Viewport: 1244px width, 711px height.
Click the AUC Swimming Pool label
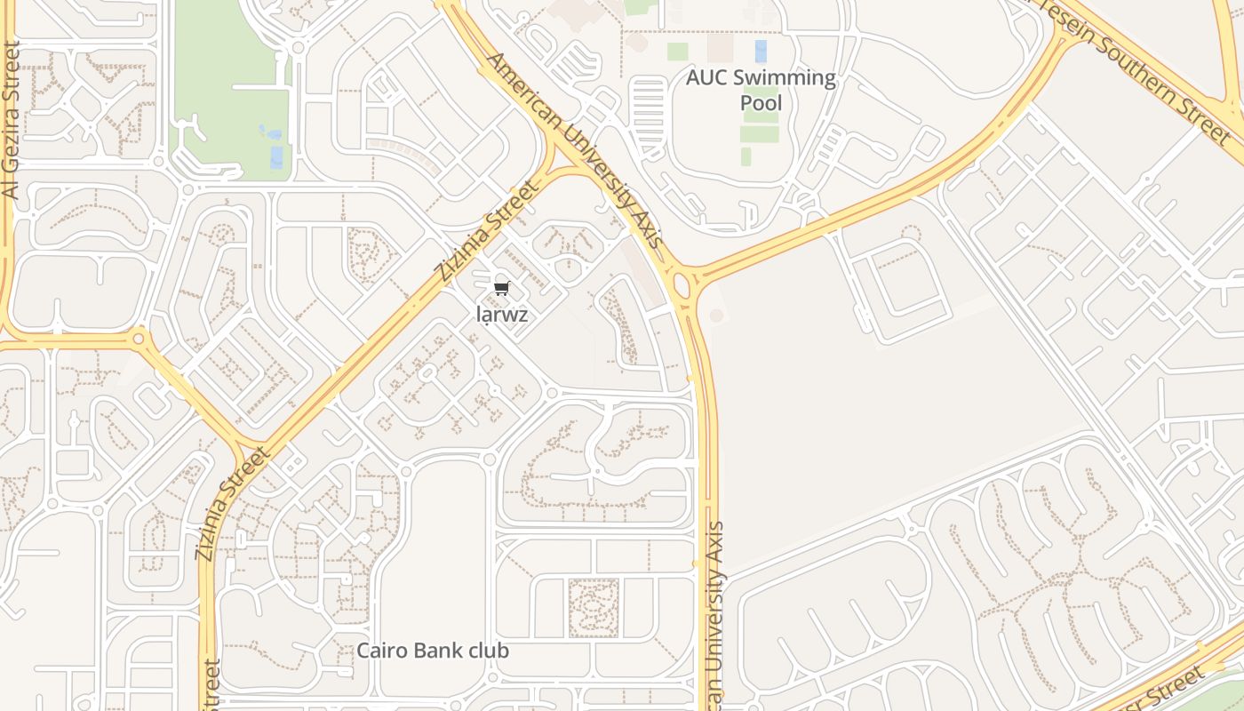pos(761,90)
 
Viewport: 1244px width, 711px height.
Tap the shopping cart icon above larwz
pos(502,288)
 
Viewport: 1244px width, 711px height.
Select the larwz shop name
pos(502,314)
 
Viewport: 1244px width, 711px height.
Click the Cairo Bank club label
pos(433,651)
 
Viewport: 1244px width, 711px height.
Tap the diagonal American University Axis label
pos(576,150)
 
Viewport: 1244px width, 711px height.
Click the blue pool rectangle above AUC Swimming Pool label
pos(761,51)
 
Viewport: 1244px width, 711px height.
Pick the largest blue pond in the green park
pos(276,157)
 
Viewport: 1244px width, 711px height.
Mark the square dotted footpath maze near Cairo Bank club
pos(593,608)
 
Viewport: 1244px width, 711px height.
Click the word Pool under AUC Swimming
pos(762,103)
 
